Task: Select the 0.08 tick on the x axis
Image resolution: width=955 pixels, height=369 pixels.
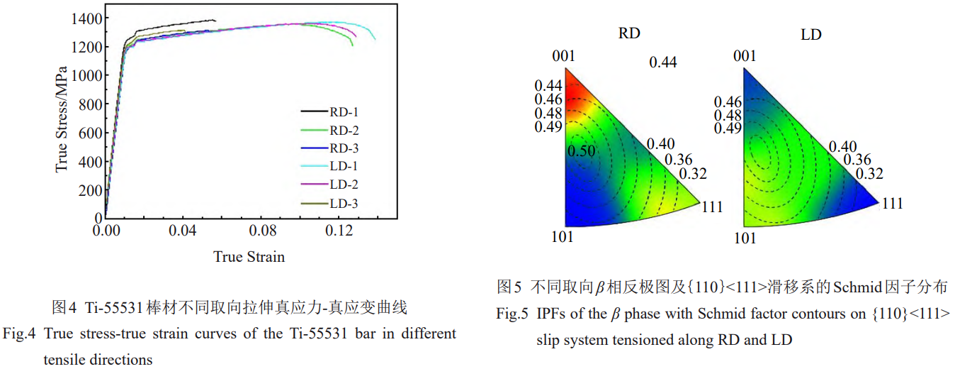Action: [262, 231]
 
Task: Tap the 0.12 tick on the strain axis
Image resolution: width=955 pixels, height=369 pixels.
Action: [340, 231]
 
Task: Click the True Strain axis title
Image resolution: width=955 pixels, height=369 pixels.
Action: [249, 257]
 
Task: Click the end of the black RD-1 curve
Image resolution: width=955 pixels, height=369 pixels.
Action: [215, 21]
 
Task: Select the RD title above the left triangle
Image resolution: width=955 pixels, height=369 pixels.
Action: [631, 33]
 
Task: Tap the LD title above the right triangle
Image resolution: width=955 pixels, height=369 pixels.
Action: [810, 34]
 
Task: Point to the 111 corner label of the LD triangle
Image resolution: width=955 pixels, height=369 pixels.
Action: [892, 204]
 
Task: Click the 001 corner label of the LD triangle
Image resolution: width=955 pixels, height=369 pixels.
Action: [745, 56]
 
